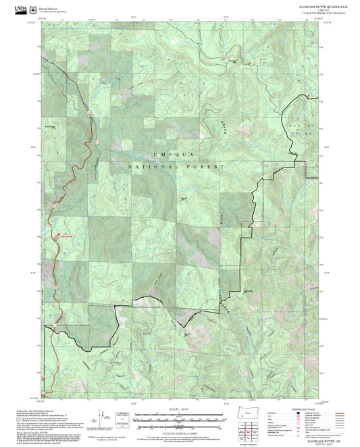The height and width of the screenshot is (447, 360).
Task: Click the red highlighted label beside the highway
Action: pos(64,236)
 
